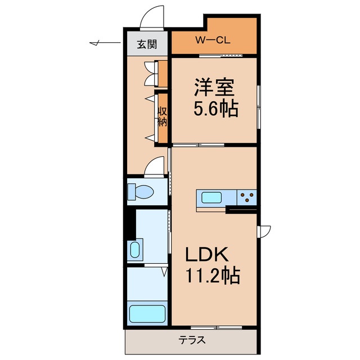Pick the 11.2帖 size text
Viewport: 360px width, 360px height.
(x=213, y=276)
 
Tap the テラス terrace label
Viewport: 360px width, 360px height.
(x=192, y=340)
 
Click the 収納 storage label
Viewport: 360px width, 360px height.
(x=163, y=116)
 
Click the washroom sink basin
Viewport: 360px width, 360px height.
(x=134, y=249)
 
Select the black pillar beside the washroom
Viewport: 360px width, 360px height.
(x=130, y=223)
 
